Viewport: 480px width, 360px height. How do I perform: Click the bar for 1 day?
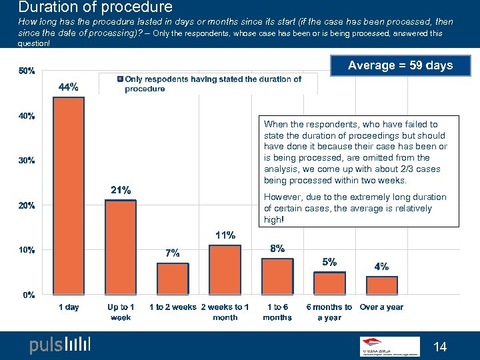(69, 196)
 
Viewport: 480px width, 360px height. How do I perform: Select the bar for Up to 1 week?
(121, 247)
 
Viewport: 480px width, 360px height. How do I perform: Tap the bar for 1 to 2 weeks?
(173, 279)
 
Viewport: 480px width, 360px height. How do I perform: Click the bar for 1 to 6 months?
(277, 277)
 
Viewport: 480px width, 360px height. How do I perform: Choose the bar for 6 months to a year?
(329, 283)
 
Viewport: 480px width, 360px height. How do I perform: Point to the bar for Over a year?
(381, 285)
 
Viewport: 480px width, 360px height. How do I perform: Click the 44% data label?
(69, 87)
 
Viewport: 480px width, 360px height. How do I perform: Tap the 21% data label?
(121, 190)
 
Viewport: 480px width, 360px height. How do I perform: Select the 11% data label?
(225, 235)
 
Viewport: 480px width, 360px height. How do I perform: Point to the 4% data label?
(382, 266)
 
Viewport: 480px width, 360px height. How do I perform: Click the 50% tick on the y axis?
(27, 71)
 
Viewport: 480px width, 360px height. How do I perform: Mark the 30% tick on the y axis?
(27, 161)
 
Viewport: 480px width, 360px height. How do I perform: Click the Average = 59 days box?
(400, 65)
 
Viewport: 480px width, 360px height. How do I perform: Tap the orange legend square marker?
(120, 79)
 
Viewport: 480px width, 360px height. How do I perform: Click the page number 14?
(440, 347)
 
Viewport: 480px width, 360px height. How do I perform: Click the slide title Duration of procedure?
(95, 8)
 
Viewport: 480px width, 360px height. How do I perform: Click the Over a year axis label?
(381, 307)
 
